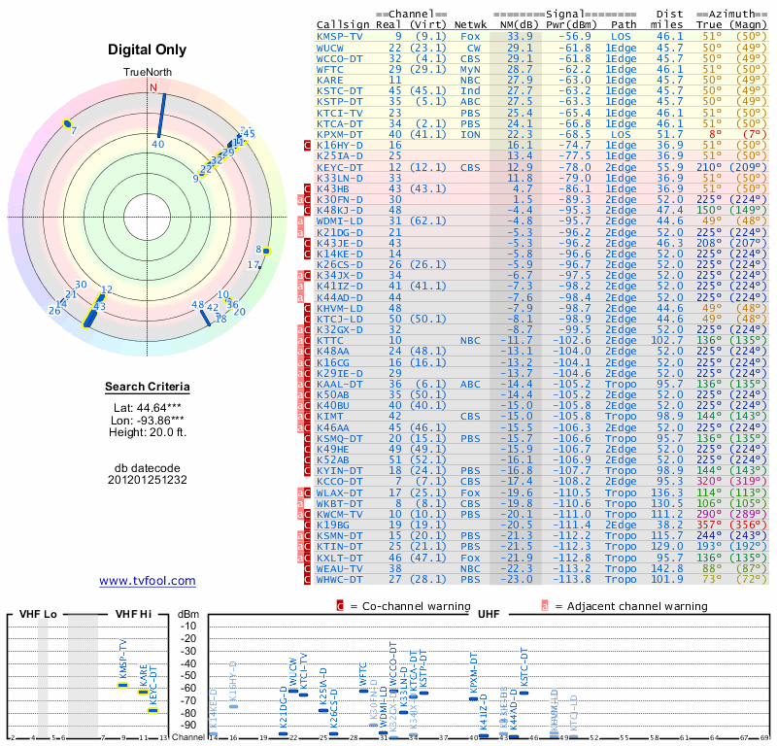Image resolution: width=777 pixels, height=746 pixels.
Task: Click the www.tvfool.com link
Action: pos(148,581)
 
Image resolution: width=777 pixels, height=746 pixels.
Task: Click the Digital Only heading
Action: pos(148,49)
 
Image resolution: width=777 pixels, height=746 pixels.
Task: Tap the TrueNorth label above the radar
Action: pos(148,73)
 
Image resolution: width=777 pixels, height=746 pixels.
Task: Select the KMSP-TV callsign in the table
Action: pos(340,36)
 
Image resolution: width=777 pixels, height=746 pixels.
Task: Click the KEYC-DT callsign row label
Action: pos(340,166)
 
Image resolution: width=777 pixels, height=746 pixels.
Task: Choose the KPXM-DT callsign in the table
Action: pos(340,133)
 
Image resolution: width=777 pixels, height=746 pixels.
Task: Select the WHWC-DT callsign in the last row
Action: pos(340,579)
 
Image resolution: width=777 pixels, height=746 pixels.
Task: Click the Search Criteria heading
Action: pos(148,388)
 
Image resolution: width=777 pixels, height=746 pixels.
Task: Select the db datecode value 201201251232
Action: pos(148,480)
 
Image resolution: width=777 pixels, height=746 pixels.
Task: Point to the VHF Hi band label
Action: pos(132,615)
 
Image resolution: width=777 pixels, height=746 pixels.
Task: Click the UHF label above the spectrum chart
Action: pos(490,615)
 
